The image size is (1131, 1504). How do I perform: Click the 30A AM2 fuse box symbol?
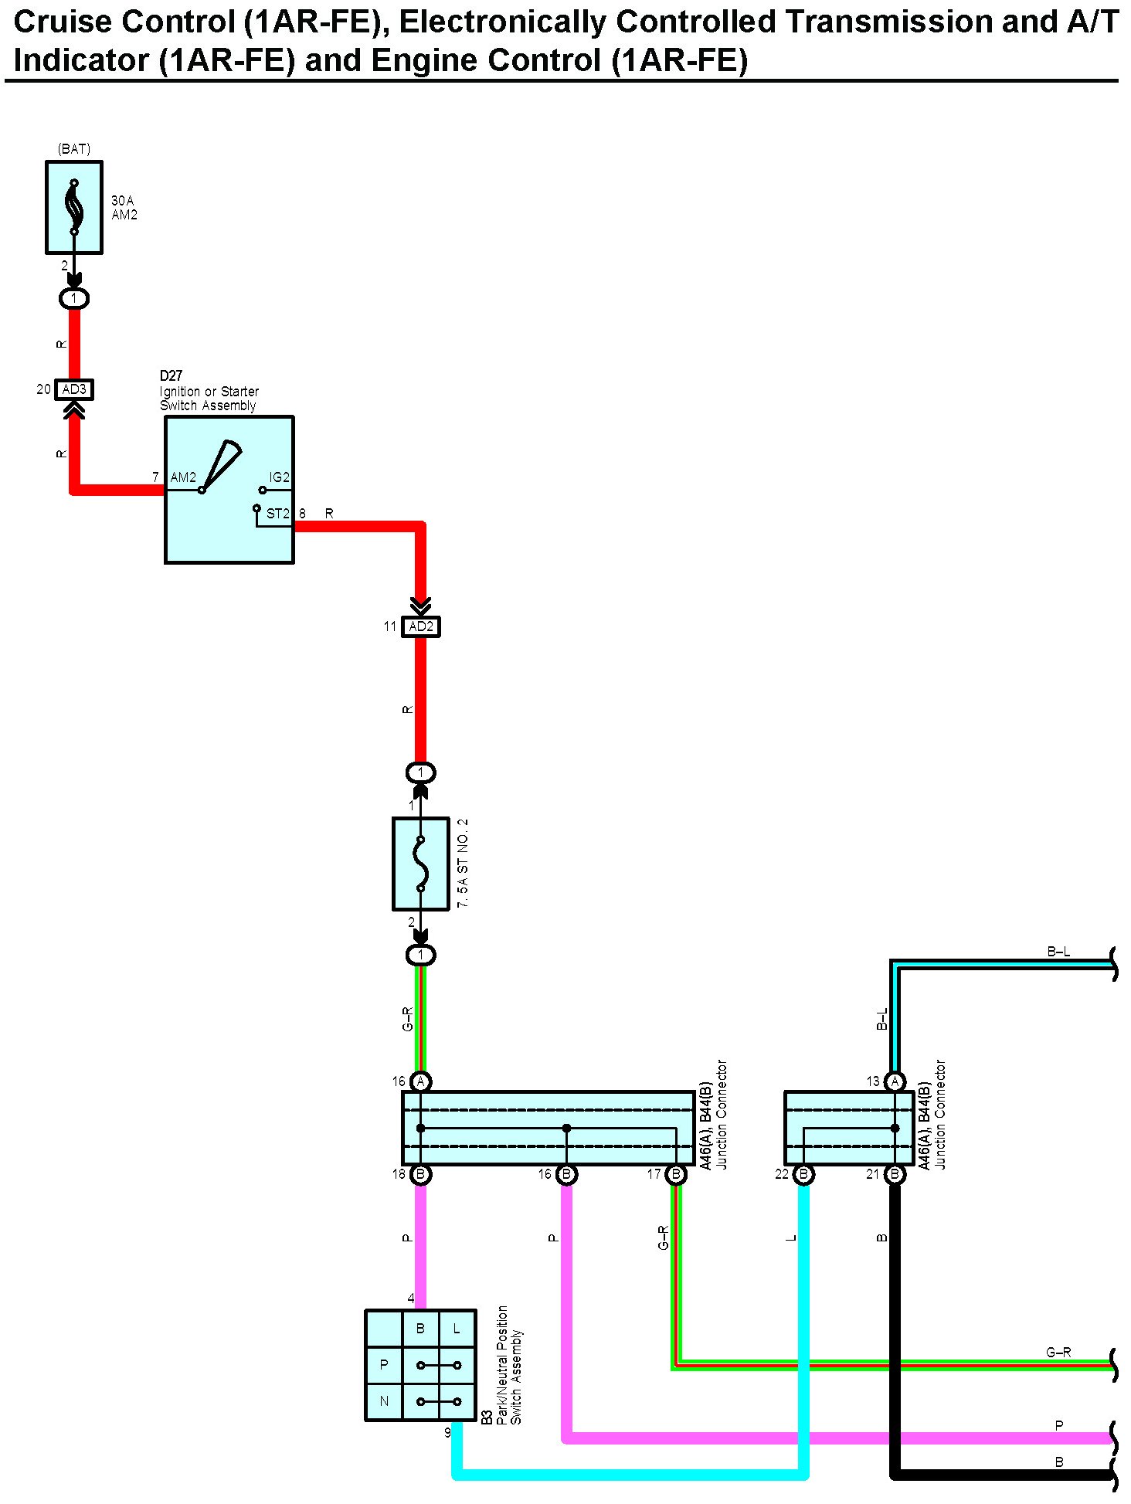click(74, 207)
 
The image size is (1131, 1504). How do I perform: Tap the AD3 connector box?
click(74, 389)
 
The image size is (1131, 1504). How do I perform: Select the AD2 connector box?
click(421, 626)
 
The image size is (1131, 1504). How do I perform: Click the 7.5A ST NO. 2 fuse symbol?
click(421, 864)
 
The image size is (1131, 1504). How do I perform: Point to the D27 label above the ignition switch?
click(171, 375)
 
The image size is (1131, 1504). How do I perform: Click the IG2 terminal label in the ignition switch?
click(279, 477)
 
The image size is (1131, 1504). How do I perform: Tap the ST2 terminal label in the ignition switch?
click(277, 514)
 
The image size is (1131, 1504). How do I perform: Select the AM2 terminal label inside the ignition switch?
click(183, 477)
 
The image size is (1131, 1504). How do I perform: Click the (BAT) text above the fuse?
click(74, 148)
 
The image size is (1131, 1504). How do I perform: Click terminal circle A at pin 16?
click(421, 1081)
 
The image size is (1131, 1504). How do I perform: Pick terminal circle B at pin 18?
click(421, 1174)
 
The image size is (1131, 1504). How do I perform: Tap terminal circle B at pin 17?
click(676, 1174)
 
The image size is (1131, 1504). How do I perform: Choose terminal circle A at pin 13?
click(895, 1081)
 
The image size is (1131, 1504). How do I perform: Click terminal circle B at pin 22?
click(803, 1174)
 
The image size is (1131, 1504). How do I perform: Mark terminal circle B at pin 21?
click(895, 1174)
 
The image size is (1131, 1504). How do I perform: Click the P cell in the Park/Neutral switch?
click(384, 1365)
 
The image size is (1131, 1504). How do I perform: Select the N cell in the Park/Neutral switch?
click(384, 1401)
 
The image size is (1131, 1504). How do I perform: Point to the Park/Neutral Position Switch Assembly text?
click(509, 1365)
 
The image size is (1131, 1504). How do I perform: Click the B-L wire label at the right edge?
click(1058, 952)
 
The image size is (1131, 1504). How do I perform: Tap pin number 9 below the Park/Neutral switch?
click(447, 1433)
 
